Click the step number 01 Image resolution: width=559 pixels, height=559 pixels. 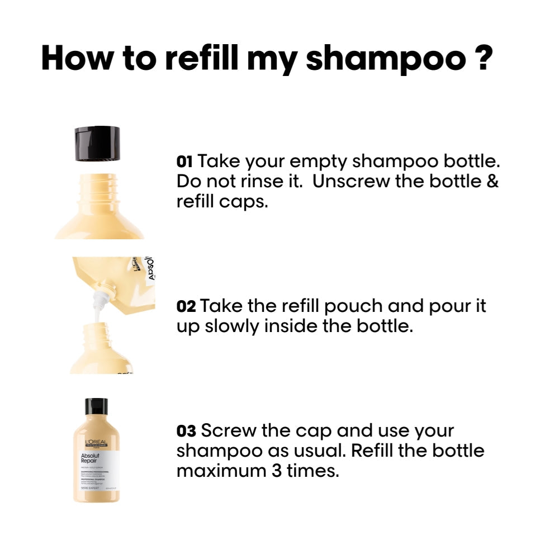pyautogui.click(x=184, y=163)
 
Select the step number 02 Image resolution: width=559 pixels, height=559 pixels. pyautogui.click(x=186, y=307)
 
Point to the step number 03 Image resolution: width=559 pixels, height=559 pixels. pyautogui.click(x=186, y=432)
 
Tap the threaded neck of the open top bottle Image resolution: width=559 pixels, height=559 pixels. pyautogui.click(x=100, y=183)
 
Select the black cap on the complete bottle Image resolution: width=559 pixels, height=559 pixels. pyautogui.click(x=96, y=407)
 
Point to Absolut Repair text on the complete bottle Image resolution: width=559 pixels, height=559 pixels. pyautogui.click(x=89, y=457)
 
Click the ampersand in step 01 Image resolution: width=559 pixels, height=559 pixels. pyautogui.click(x=492, y=182)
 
